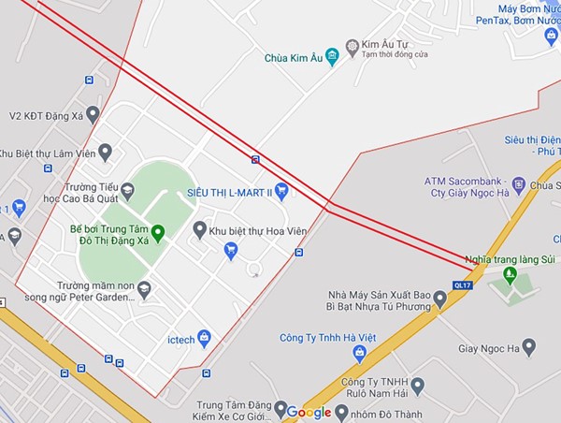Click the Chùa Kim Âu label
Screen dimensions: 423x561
pyautogui.click(x=292, y=58)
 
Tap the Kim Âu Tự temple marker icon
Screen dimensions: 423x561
pyautogui.click(x=352, y=45)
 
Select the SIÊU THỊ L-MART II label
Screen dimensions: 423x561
pyautogui.click(x=229, y=191)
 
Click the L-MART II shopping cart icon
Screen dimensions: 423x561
pyautogui.click(x=280, y=191)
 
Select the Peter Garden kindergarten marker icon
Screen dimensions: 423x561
pyautogui.click(x=144, y=291)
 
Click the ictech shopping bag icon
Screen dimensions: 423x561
pyautogui.click(x=205, y=338)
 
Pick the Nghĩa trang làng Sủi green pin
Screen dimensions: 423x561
pyautogui.click(x=510, y=274)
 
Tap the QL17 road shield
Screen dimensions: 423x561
pyautogui.click(x=462, y=284)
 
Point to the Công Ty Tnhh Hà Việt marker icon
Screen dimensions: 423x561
pyautogui.click(x=359, y=353)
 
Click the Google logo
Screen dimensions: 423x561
pyautogui.click(x=309, y=412)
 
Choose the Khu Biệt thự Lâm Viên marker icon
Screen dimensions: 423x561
pyautogui.click(x=105, y=152)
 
